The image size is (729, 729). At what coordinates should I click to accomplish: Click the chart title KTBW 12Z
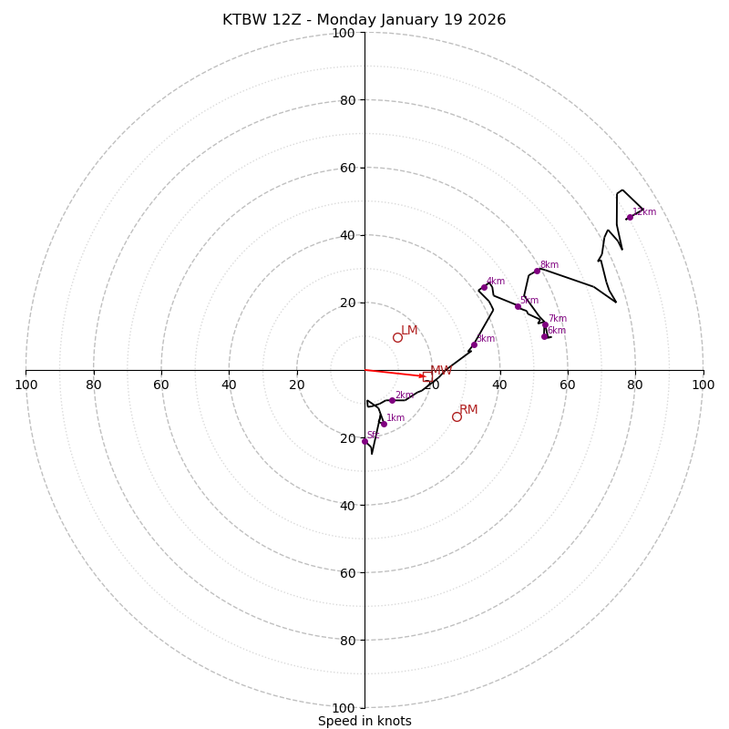click(x=364, y=20)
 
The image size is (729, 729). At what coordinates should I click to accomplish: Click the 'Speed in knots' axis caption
click(x=364, y=721)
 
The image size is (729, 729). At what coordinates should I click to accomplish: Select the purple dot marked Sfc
click(x=364, y=441)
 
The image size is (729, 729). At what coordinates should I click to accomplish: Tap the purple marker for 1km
click(x=384, y=424)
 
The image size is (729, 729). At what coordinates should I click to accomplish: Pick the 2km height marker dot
click(x=392, y=400)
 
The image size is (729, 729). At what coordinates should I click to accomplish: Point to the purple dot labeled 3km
click(x=474, y=344)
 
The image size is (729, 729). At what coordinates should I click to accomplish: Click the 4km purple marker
click(x=484, y=287)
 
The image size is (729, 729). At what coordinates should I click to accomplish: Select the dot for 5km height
click(x=518, y=306)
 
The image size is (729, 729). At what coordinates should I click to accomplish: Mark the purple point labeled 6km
click(x=544, y=336)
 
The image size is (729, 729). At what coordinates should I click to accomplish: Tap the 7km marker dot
click(x=546, y=324)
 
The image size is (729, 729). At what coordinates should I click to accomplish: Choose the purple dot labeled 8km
click(x=537, y=271)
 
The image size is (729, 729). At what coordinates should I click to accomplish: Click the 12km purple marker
click(x=629, y=217)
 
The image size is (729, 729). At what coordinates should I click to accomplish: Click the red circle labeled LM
click(x=397, y=337)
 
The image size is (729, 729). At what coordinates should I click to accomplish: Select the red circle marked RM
click(x=457, y=416)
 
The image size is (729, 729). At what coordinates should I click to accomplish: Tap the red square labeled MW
click(x=427, y=376)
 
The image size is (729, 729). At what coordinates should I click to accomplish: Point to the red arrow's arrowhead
click(x=423, y=375)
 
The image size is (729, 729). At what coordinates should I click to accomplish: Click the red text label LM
click(x=409, y=330)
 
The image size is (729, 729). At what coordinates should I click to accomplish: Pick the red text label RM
click(x=468, y=409)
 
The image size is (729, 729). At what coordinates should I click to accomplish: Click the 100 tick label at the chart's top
click(x=344, y=33)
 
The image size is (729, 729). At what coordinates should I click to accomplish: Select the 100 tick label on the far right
click(x=703, y=385)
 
